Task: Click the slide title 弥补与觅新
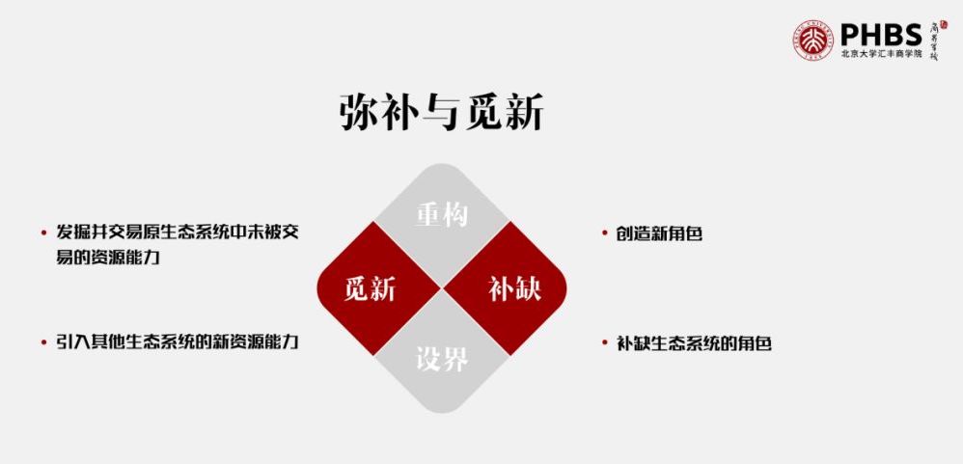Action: (x=441, y=113)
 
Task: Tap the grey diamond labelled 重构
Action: (x=442, y=215)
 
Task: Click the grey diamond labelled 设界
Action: (x=442, y=361)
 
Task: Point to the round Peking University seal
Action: (x=812, y=40)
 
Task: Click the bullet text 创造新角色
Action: (x=658, y=233)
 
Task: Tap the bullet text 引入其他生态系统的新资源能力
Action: (x=177, y=342)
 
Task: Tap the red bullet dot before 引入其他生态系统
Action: (x=44, y=342)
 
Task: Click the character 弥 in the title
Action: (x=356, y=113)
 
